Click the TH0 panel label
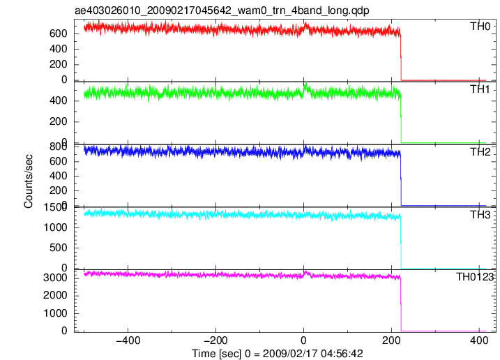pyautogui.click(x=480, y=27)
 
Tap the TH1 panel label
pyautogui.click(x=480, y=89)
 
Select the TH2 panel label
pyautogui.click(x=480, y=152)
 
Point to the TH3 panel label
pyautogui.click(x=480, y=215)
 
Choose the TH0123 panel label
pyautogui.click(x=475, y=277)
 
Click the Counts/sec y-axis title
pyautogui.click(x=28, y=181)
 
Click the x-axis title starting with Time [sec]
pyautogui.click(x=277, y=354)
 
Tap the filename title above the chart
pyautogui.click(x=222, y=10)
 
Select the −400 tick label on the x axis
pyautogui.click(x=128, y=340)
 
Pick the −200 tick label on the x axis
pyautogui.click(x=216, y=340)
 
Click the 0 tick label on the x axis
pyautogui.click(x=303, y=340)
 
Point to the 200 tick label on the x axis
pyautogui.click(x=391, y=340)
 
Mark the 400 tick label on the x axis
pyautogui.click(x=479, y=340)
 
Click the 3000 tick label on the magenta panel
pyautogui.click(x=55, y=278)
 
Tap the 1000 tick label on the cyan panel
pyautogui.click(x=55, y=227)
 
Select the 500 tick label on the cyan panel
pyautogui.click(x=59, y=248)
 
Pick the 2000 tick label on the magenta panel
pyautogui.click(x=55, y=295)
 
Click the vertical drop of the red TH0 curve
pyautogui.click(x=401, y=57)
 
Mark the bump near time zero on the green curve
pyautogui.click(x=305, y=89)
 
